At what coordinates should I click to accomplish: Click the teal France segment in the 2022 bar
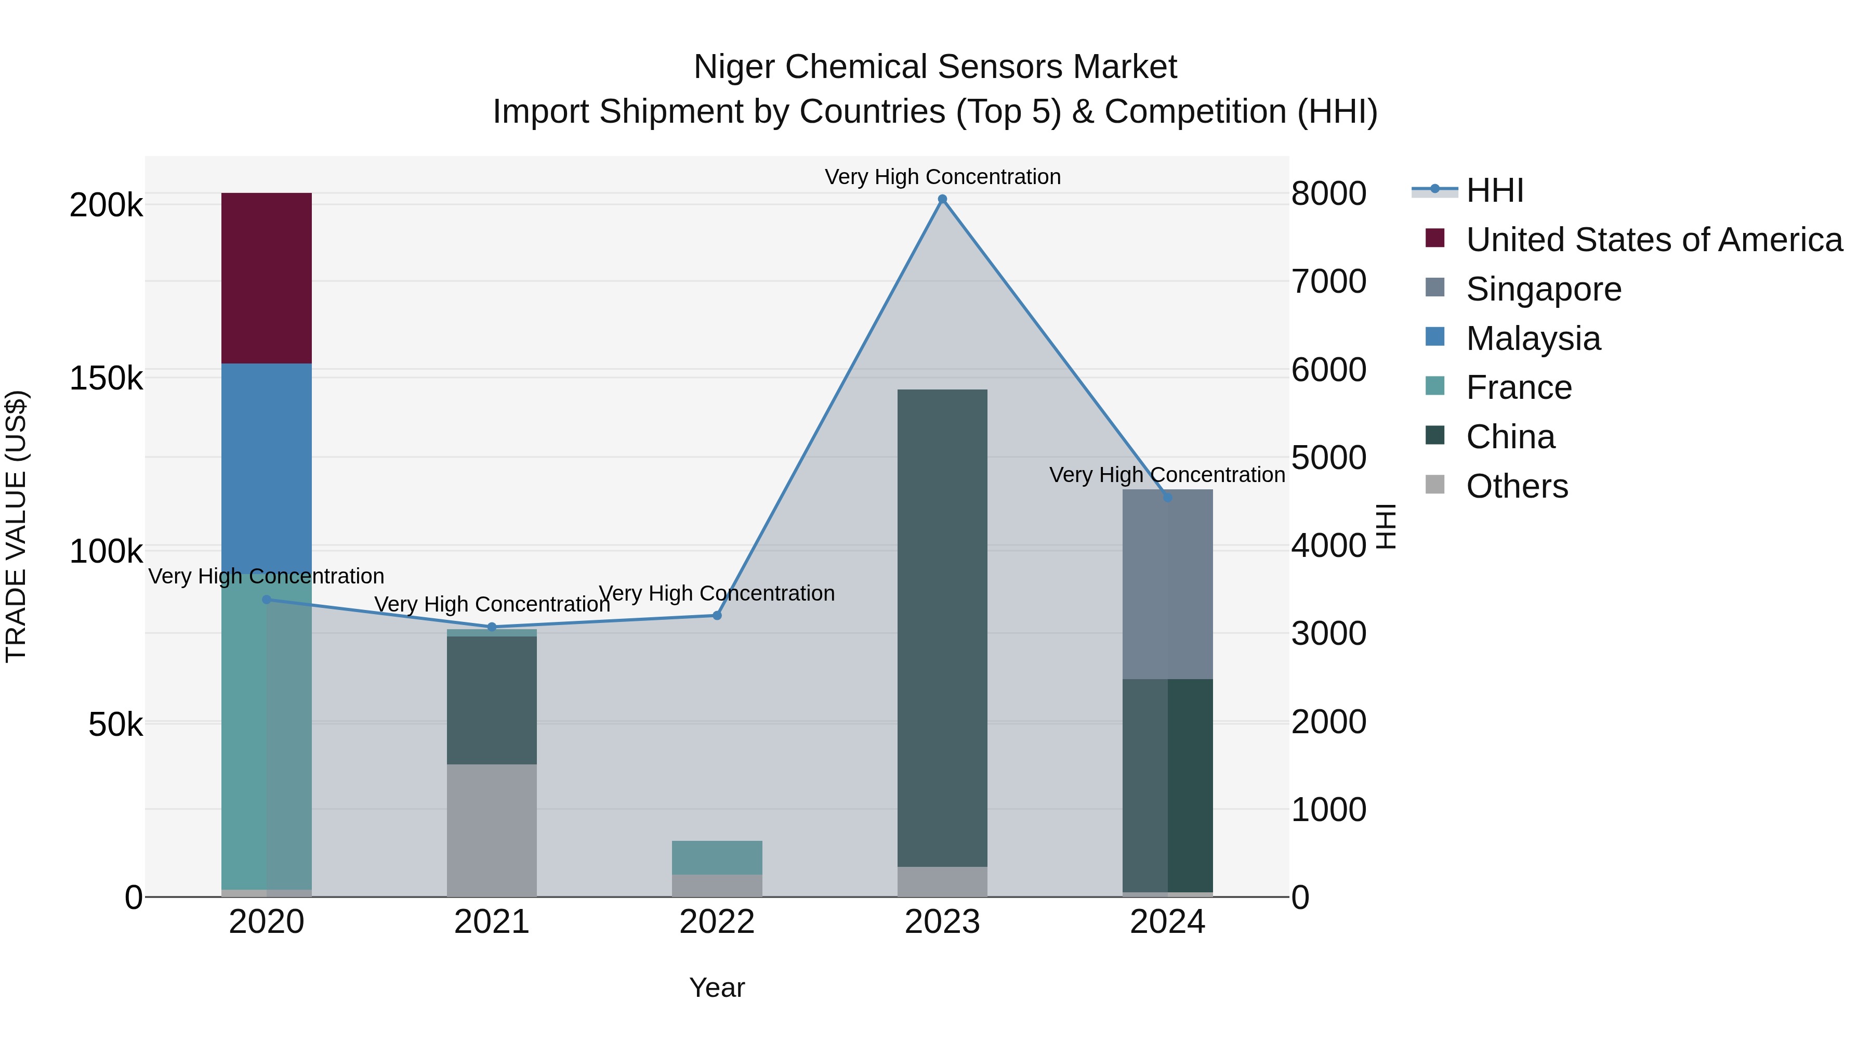tap(716, 857)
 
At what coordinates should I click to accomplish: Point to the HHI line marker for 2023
tap(942, 199)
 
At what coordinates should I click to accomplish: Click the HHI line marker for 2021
tap(492, 627)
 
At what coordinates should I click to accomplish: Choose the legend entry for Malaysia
tap(1533, 339)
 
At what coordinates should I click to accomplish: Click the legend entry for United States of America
tap(1654, 240)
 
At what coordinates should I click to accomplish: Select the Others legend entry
tap(1517, 486)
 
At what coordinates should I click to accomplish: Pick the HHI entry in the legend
tap(1494, 190)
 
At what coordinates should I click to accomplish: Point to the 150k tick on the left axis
tap(106, 378)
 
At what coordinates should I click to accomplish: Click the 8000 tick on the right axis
tap(1328, 193)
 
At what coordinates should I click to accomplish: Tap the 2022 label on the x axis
tap(716, 922)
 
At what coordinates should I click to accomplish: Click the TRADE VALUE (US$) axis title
tap(16, 526)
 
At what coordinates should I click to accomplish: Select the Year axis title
tap(716, 987)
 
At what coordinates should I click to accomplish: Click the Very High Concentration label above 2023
tap(942, 177)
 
